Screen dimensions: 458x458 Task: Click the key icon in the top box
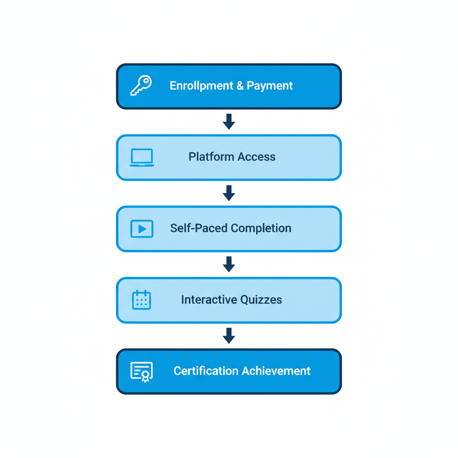point(141,85)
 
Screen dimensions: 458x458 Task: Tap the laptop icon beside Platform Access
point(142,157)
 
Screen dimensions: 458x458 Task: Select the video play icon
point(142,229)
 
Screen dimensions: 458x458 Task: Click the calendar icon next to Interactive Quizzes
point(142,300)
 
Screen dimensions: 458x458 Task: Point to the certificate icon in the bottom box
point(142,372)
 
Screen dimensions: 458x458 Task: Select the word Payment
point(270,86)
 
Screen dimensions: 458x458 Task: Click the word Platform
point(211,157)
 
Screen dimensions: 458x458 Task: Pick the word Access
point(256,157)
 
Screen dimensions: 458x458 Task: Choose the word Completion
point(262,229)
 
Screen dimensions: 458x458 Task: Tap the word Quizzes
point(261,300)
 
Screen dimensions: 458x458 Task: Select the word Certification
point(206,371)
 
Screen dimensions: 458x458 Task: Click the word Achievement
point(276,371)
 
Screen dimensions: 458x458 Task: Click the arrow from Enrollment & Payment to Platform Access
point(229,122)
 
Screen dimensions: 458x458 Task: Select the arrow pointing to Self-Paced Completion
point(229,193)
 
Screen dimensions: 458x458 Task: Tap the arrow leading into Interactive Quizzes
point(229,264)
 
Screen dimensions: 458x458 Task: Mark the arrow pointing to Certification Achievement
point(229,335)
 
